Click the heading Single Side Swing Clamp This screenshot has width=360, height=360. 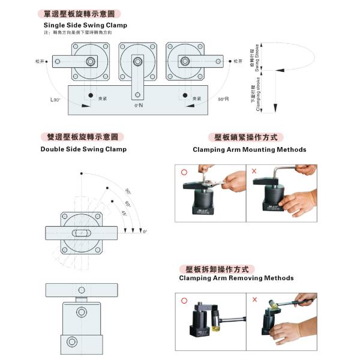85,26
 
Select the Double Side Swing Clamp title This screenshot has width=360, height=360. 83,149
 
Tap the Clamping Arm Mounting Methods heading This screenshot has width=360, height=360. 249,149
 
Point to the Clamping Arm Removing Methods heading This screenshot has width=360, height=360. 236,278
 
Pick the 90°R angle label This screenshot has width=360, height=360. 224,98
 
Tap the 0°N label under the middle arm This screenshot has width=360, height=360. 138,106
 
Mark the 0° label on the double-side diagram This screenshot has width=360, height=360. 145,231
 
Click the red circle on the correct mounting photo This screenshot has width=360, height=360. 183,172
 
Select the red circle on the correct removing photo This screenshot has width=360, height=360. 183,300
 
